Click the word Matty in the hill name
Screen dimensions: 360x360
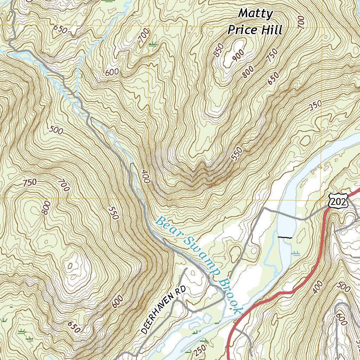(x=256, y=14)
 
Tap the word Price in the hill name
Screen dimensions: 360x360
(x=243, y=30)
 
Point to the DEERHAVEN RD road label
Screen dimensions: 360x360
(x=163, y=310)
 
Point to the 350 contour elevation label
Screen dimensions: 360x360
(x=315, y=106)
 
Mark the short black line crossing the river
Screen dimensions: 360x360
(x=285, y=238)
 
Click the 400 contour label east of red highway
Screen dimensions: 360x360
(x=317, y=287)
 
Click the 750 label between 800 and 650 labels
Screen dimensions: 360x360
(x=272, y=56)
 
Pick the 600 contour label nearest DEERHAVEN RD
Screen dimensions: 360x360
(x=118, y=301)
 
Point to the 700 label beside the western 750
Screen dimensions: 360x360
(x=64, y=185)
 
